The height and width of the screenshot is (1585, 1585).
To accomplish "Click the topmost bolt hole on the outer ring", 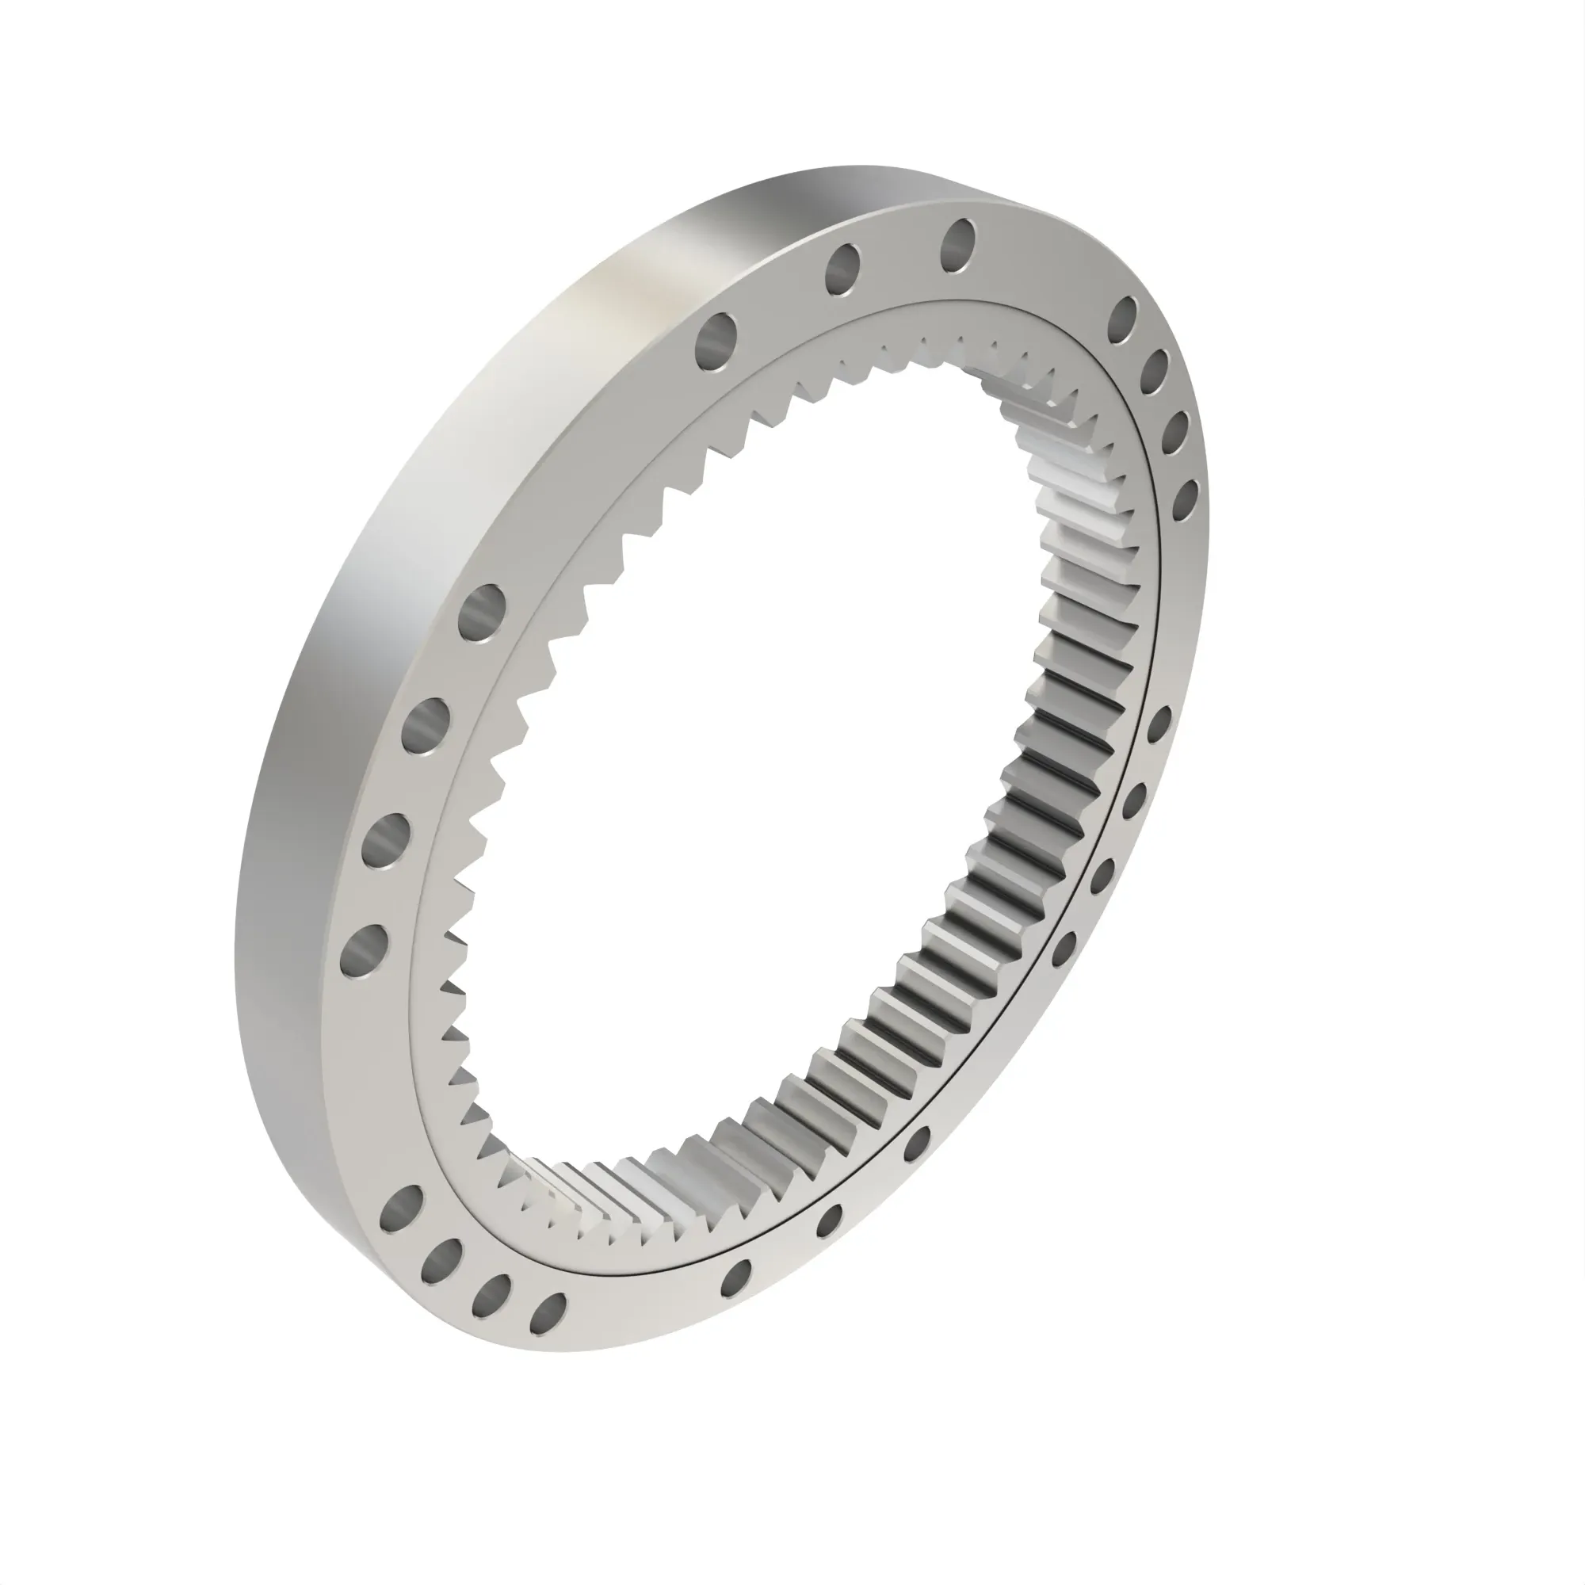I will (958, 244).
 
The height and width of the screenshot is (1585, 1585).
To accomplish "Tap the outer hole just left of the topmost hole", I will (842, 269).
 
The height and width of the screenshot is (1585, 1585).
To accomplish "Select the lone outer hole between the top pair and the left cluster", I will (716, 342).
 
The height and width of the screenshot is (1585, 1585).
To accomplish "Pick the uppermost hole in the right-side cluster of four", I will (1123, 320).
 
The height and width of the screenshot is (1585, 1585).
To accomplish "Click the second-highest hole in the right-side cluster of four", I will (1155, 373).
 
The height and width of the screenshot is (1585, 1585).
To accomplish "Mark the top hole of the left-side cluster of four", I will (483, 611).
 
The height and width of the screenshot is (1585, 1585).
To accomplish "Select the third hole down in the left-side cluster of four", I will (386, 840).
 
